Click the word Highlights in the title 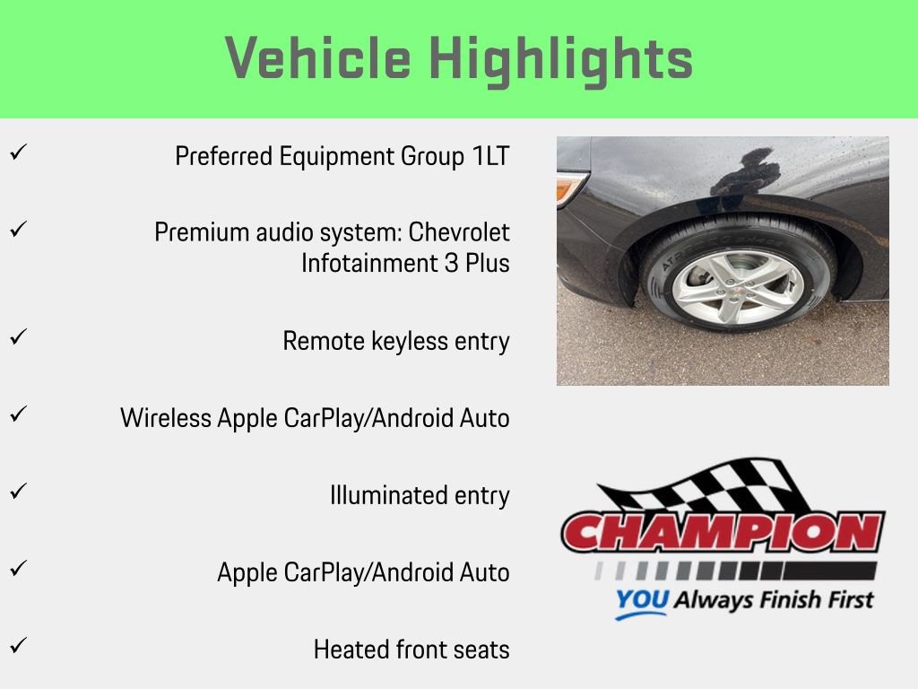coord(561,59)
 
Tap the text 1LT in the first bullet coord(490,156)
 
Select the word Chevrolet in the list coord(459,232)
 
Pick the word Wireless coord(166,418)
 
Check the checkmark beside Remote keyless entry coord(17,336)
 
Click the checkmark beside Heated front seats coord(17,644)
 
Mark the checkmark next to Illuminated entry coord(17,491)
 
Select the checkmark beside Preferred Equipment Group coord(17,152)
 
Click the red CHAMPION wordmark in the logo coord(723,532)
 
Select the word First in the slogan coord(844,599)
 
